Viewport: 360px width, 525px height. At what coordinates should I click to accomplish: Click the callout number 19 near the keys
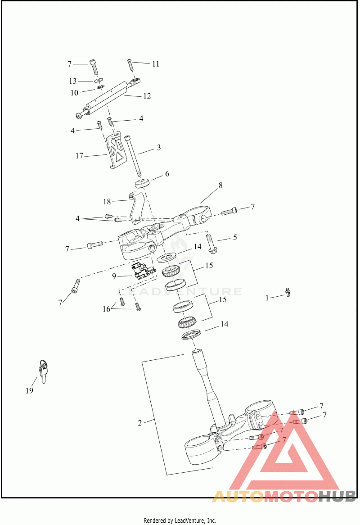coord(29,390)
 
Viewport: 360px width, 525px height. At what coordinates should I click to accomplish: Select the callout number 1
coord(267,297)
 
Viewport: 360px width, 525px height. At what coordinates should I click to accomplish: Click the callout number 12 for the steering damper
coord(147,96)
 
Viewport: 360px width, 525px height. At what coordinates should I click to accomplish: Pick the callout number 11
coord(155,64)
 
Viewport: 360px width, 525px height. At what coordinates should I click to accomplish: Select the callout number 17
coord(80,156)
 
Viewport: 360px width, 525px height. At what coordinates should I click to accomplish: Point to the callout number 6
coord(167,174)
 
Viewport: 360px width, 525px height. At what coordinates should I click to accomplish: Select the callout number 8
coord(220,185)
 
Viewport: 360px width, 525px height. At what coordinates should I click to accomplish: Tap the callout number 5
coord(235,237)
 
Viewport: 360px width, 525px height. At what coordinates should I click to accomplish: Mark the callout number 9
coord(114,275)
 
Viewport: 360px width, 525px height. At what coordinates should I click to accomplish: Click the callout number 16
coord(106,309)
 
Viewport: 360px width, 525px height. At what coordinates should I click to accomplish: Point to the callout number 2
coord(140,423)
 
